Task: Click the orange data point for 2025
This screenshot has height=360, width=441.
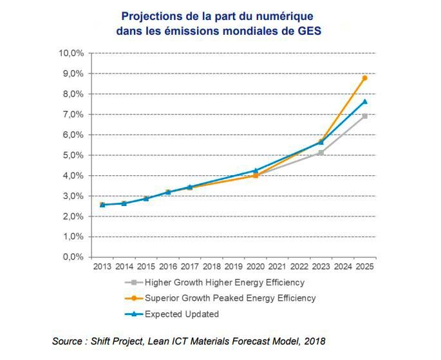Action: point(364,78)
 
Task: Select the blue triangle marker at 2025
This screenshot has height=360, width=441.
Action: point(364,101)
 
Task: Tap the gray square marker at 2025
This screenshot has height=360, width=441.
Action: point(364,116)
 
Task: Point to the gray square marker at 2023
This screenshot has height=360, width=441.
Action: point(321,153)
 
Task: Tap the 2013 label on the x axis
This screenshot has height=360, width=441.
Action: point(102,267)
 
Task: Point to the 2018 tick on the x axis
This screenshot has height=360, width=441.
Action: point(211,267)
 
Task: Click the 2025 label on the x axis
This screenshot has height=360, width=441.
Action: point(364,267)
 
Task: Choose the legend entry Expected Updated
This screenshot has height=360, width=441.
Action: point(182,314)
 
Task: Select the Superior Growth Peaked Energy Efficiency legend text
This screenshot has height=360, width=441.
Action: point(230,298)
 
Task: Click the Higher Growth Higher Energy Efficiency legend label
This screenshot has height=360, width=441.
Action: point(224,282)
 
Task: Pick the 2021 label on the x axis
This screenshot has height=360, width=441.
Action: point(277,267)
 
